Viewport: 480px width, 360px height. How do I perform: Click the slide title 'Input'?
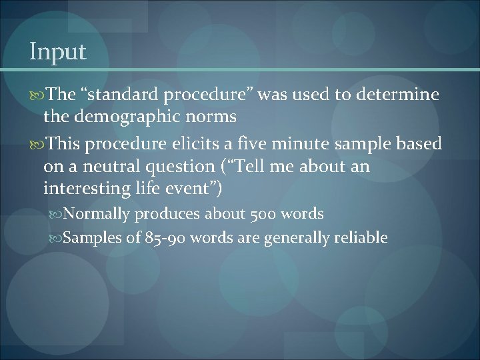click(58, 52)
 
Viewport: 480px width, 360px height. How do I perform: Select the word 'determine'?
click(399, 95)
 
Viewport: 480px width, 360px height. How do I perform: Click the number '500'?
click(264, 214)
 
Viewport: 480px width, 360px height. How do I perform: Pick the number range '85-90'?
click(163, 238)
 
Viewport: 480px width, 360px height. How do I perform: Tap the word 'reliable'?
click(359, 238)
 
